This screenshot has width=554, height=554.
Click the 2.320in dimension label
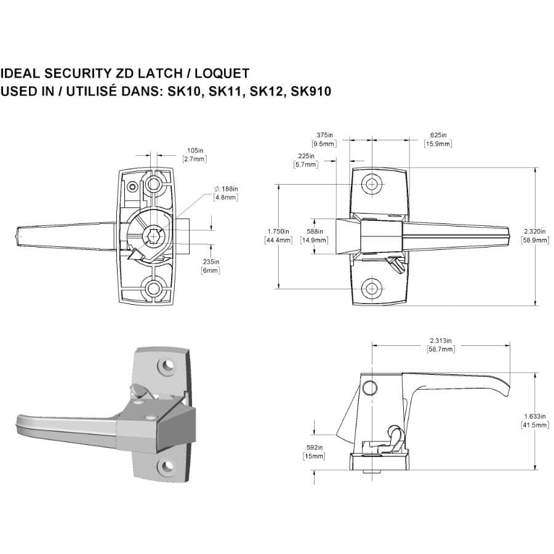coord(534,231)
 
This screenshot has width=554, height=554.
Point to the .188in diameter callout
coord(226,189)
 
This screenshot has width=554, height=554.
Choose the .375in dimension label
coord(324,135)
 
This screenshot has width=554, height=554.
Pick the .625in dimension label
coord(438,135)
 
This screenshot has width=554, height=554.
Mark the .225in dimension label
coord(305,156)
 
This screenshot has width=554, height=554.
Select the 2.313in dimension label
coord(441,340)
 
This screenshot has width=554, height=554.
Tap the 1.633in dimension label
coord(534,417)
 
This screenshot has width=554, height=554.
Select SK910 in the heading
coord(311,92)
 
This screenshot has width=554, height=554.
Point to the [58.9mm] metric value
coord(534,240)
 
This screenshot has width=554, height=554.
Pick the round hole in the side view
coord(369,387)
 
